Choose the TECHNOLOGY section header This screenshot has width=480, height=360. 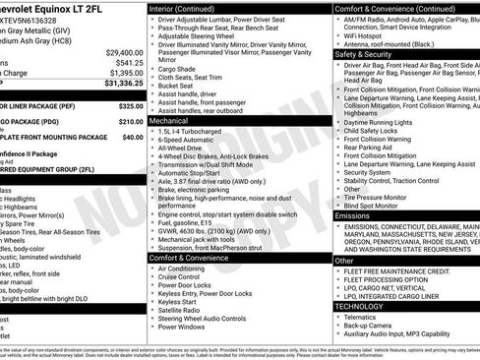[x=363, y=306]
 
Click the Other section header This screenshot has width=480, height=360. [x=344, y=261]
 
